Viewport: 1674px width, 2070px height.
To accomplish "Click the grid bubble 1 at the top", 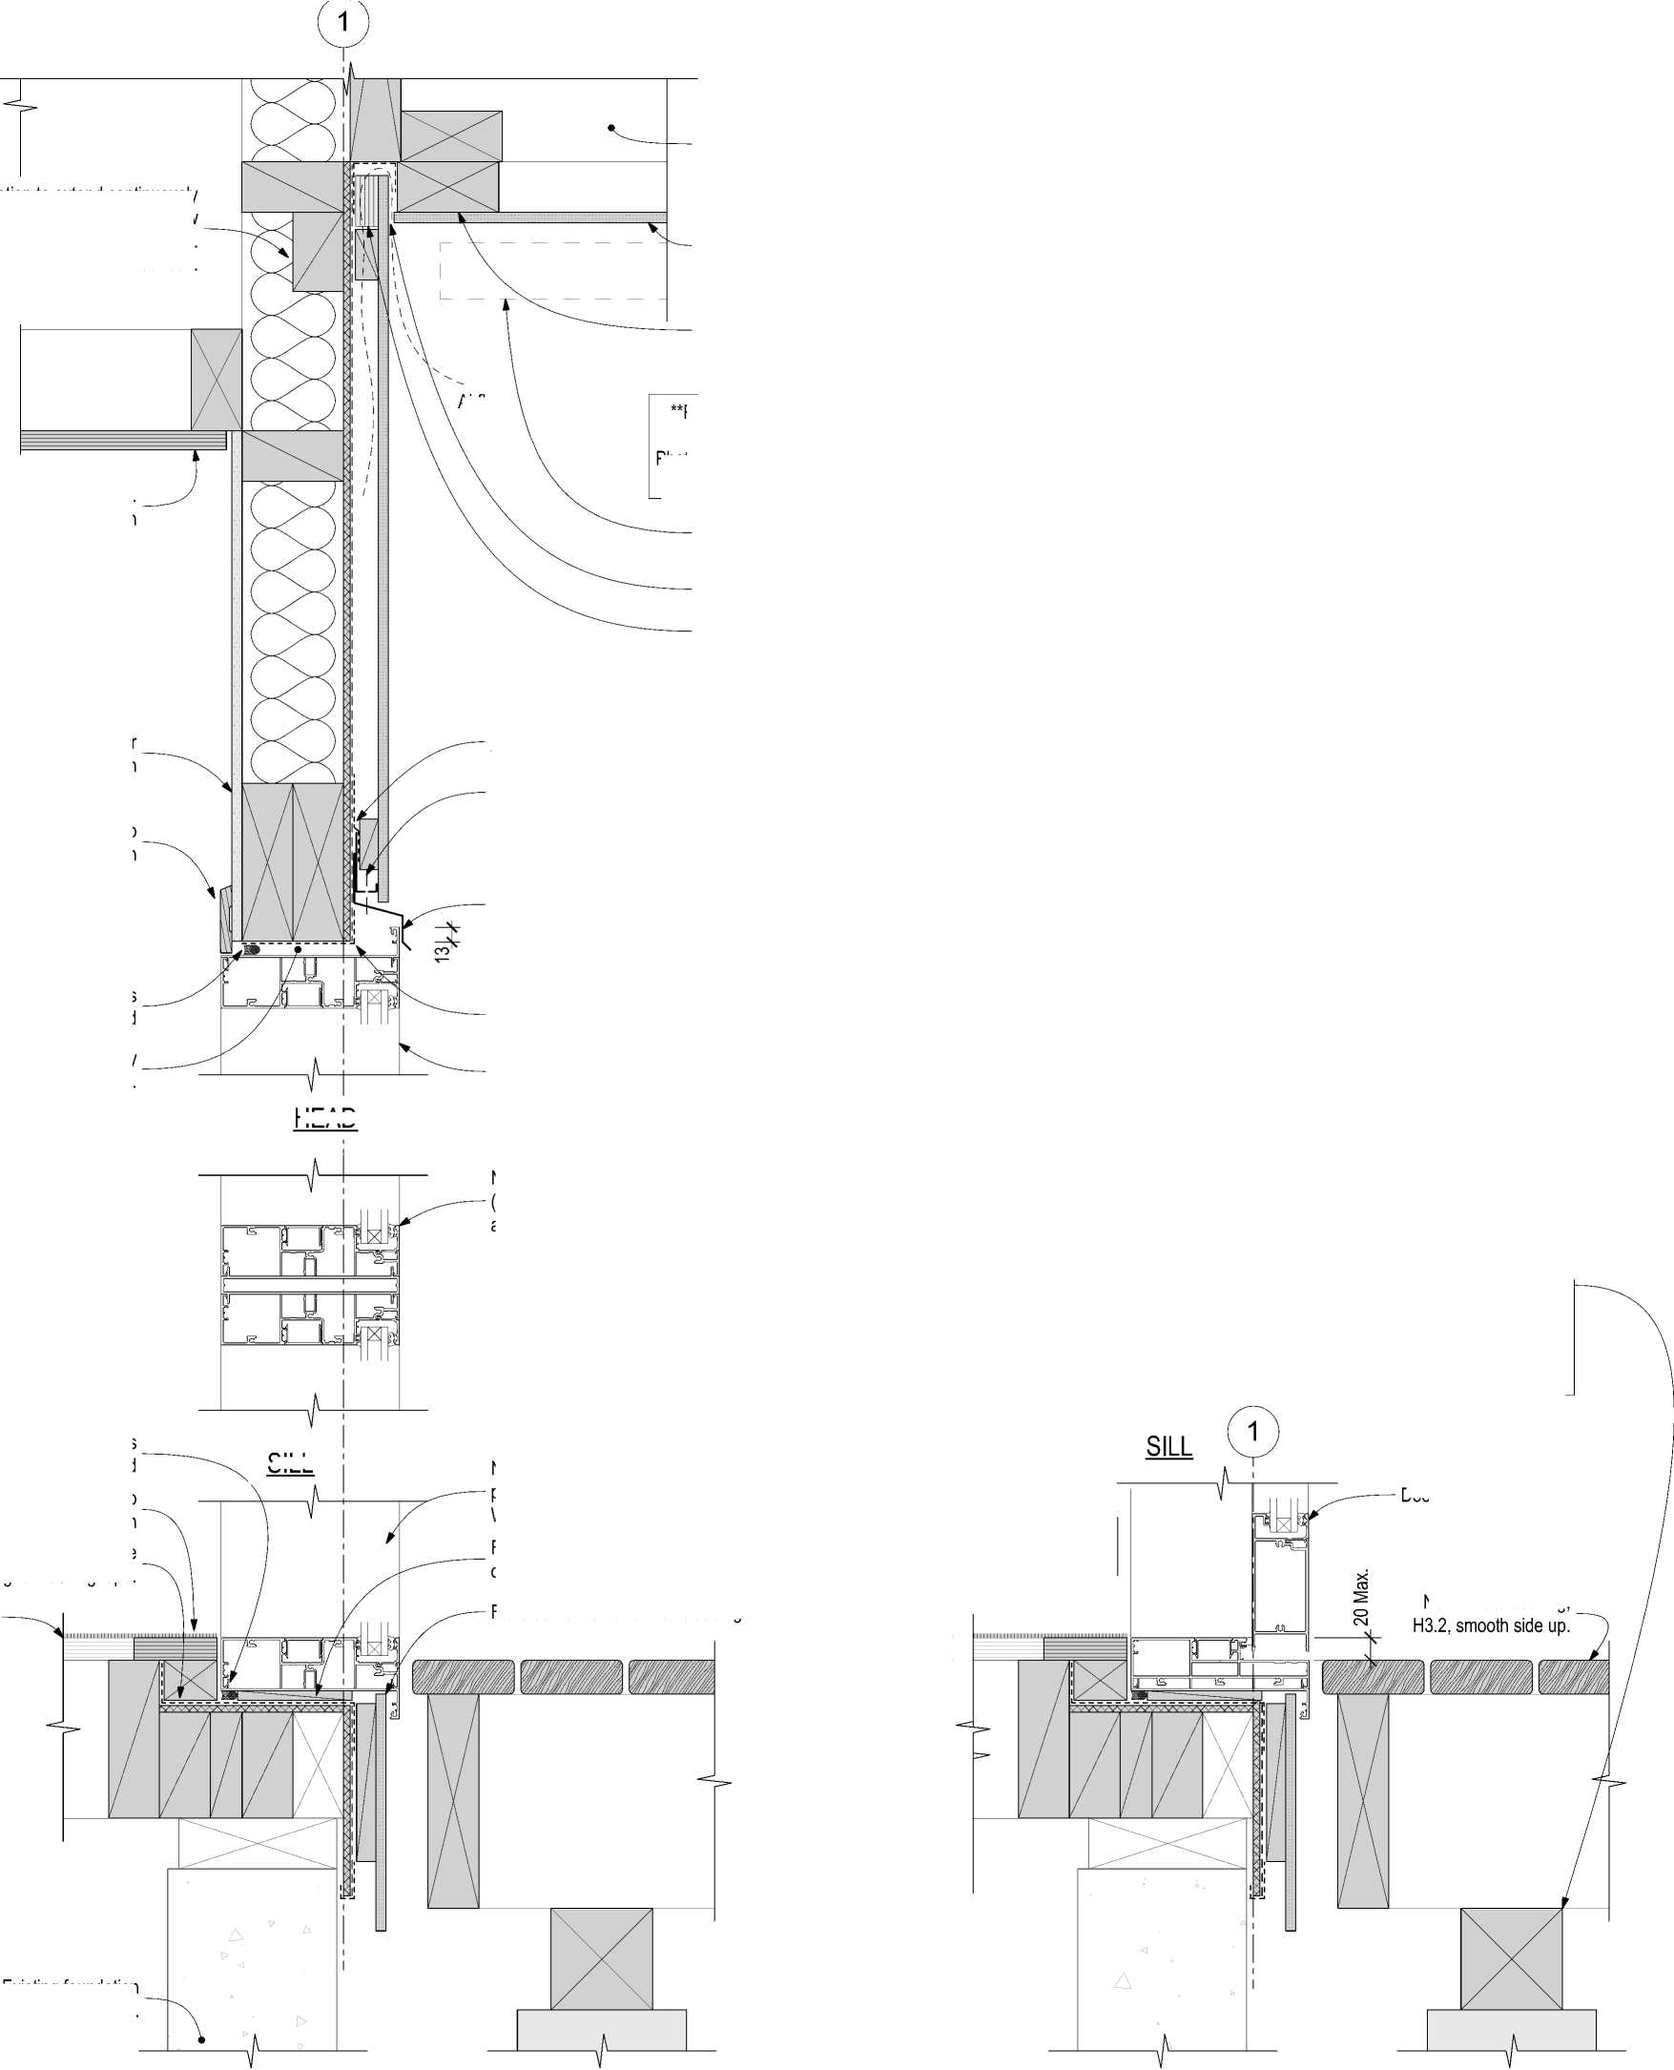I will (343, 21).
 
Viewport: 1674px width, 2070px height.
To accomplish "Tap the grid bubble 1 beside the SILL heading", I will (1252, 1432).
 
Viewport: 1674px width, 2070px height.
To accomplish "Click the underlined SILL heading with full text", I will (1168, 1446).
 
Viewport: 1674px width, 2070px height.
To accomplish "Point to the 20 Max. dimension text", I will (1360, 1598).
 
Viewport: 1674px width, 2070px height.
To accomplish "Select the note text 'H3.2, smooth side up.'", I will (1491, 1625).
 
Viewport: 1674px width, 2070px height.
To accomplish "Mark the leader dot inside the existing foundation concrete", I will (201, 2039).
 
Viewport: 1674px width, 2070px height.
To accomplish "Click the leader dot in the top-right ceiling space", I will (611, 127).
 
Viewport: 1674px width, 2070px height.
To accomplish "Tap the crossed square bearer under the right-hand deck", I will (1511, 1959).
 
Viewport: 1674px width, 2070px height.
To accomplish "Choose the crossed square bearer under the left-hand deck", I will (601, 1959).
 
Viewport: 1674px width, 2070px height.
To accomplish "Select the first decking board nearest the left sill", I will (464, 1677).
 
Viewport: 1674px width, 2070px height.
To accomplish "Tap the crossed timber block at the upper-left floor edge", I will (216, 380).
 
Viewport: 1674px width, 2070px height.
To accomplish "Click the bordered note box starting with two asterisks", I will (673, 445).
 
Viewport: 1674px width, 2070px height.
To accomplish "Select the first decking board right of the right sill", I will (1373, 1677).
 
